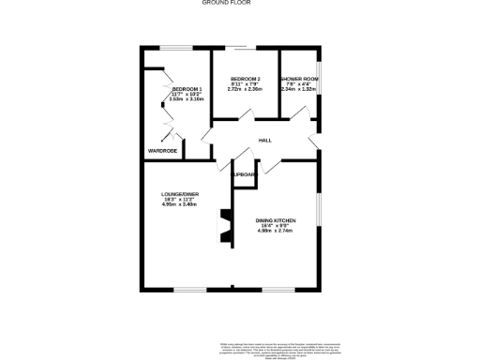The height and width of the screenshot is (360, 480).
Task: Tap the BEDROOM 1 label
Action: point(187,89)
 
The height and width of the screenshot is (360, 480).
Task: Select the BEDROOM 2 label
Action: point(245,79)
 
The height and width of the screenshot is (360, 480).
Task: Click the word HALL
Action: point(265,141)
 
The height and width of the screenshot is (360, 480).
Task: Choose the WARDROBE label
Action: point(162,150)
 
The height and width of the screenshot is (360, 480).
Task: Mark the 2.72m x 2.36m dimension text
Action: point(245,90)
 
